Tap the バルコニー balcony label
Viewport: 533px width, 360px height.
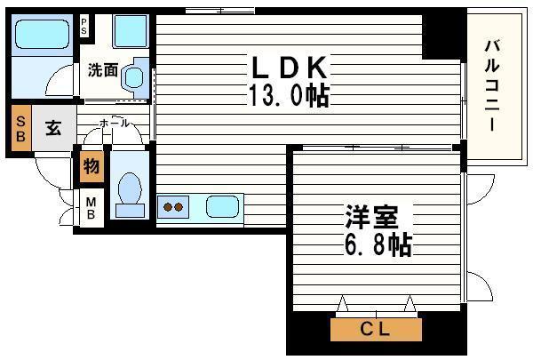(493, 84)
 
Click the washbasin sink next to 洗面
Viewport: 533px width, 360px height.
(135, 76)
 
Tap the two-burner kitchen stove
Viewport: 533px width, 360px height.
(174, 208)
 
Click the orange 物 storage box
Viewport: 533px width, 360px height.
(91, 166)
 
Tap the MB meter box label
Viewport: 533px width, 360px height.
(91, 209)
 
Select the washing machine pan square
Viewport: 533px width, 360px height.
(131, 31)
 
